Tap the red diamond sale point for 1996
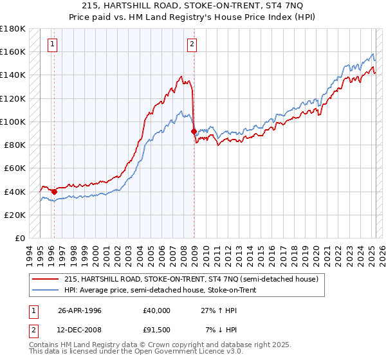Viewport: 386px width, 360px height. coord(54,191)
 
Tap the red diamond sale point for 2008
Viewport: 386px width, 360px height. coord(194,131)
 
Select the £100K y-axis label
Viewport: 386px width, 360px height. coord(13,122)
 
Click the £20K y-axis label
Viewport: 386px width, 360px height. coord(15,215)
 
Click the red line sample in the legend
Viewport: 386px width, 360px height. coord(45,279)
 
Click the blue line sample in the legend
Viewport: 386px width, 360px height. coord(45,290)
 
